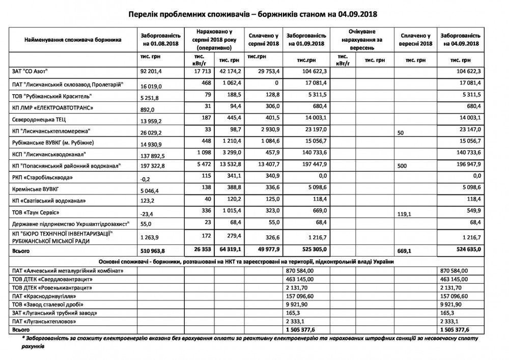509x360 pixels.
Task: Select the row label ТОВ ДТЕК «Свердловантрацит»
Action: [x=54, y=280]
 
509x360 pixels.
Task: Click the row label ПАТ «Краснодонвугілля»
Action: [x=47, y=296]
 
